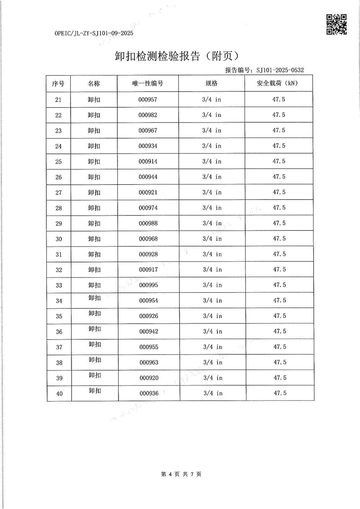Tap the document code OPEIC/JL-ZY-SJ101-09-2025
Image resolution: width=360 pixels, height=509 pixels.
click(94, 33)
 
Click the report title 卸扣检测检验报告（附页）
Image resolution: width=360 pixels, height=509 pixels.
click(177, 56)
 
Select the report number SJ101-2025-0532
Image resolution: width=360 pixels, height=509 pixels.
click(280, 70)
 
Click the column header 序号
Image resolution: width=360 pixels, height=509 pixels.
click(58, 84)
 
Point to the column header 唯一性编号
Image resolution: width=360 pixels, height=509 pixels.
click(148, 83)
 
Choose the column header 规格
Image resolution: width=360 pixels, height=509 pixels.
click(211, 83)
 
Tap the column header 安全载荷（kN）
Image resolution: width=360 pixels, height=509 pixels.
click(279, 83)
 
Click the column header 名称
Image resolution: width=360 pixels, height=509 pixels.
click(94, 84)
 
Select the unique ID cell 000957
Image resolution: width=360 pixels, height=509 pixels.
click(148, 100)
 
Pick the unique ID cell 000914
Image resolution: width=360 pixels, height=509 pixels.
click(148, 162)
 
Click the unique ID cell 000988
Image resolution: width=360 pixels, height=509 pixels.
click(148, 223)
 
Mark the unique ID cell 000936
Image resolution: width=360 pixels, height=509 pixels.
click(149, 394)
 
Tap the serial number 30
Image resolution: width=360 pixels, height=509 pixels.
click(59, 239)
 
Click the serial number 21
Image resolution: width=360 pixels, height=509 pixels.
click(58, 100)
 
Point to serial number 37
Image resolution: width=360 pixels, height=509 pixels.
click(59, 347)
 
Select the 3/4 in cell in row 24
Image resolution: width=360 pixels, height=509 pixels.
click(212, 146)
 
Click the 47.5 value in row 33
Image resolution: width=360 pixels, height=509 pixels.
click(279, 285)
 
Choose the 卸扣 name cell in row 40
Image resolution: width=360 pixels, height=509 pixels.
click(95, 391)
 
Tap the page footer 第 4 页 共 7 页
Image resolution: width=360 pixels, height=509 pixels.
click(181, 474)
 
